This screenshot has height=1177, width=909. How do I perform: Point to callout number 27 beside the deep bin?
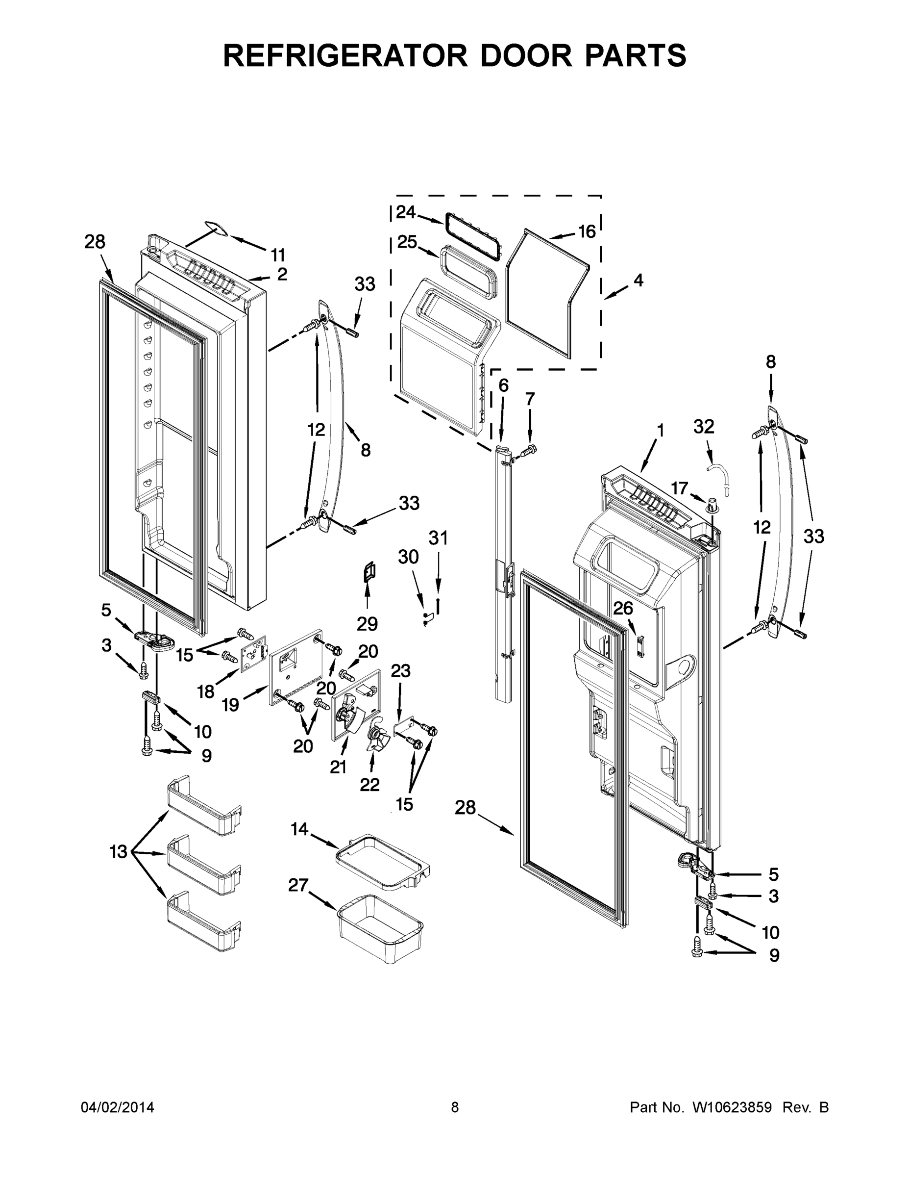298,885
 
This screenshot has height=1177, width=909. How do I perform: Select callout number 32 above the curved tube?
703,426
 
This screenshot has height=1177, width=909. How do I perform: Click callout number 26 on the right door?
623,609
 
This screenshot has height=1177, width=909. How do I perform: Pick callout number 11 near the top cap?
278,255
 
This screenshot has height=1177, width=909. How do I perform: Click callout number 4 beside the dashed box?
638,280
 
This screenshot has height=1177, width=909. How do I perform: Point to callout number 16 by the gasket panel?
587,232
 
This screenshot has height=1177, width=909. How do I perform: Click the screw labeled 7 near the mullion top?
532,448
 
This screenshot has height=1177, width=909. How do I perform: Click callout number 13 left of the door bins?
119,852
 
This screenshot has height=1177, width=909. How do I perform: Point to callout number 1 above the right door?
660,431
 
